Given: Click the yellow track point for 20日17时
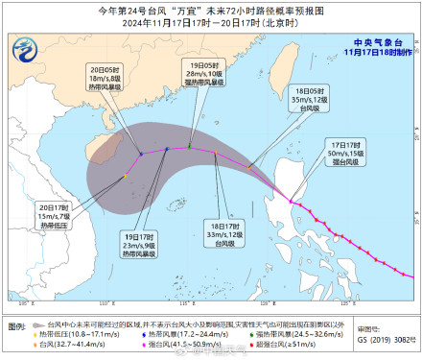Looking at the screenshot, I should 125,176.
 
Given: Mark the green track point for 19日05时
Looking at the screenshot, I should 190,147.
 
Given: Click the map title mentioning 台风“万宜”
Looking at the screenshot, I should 210,11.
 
